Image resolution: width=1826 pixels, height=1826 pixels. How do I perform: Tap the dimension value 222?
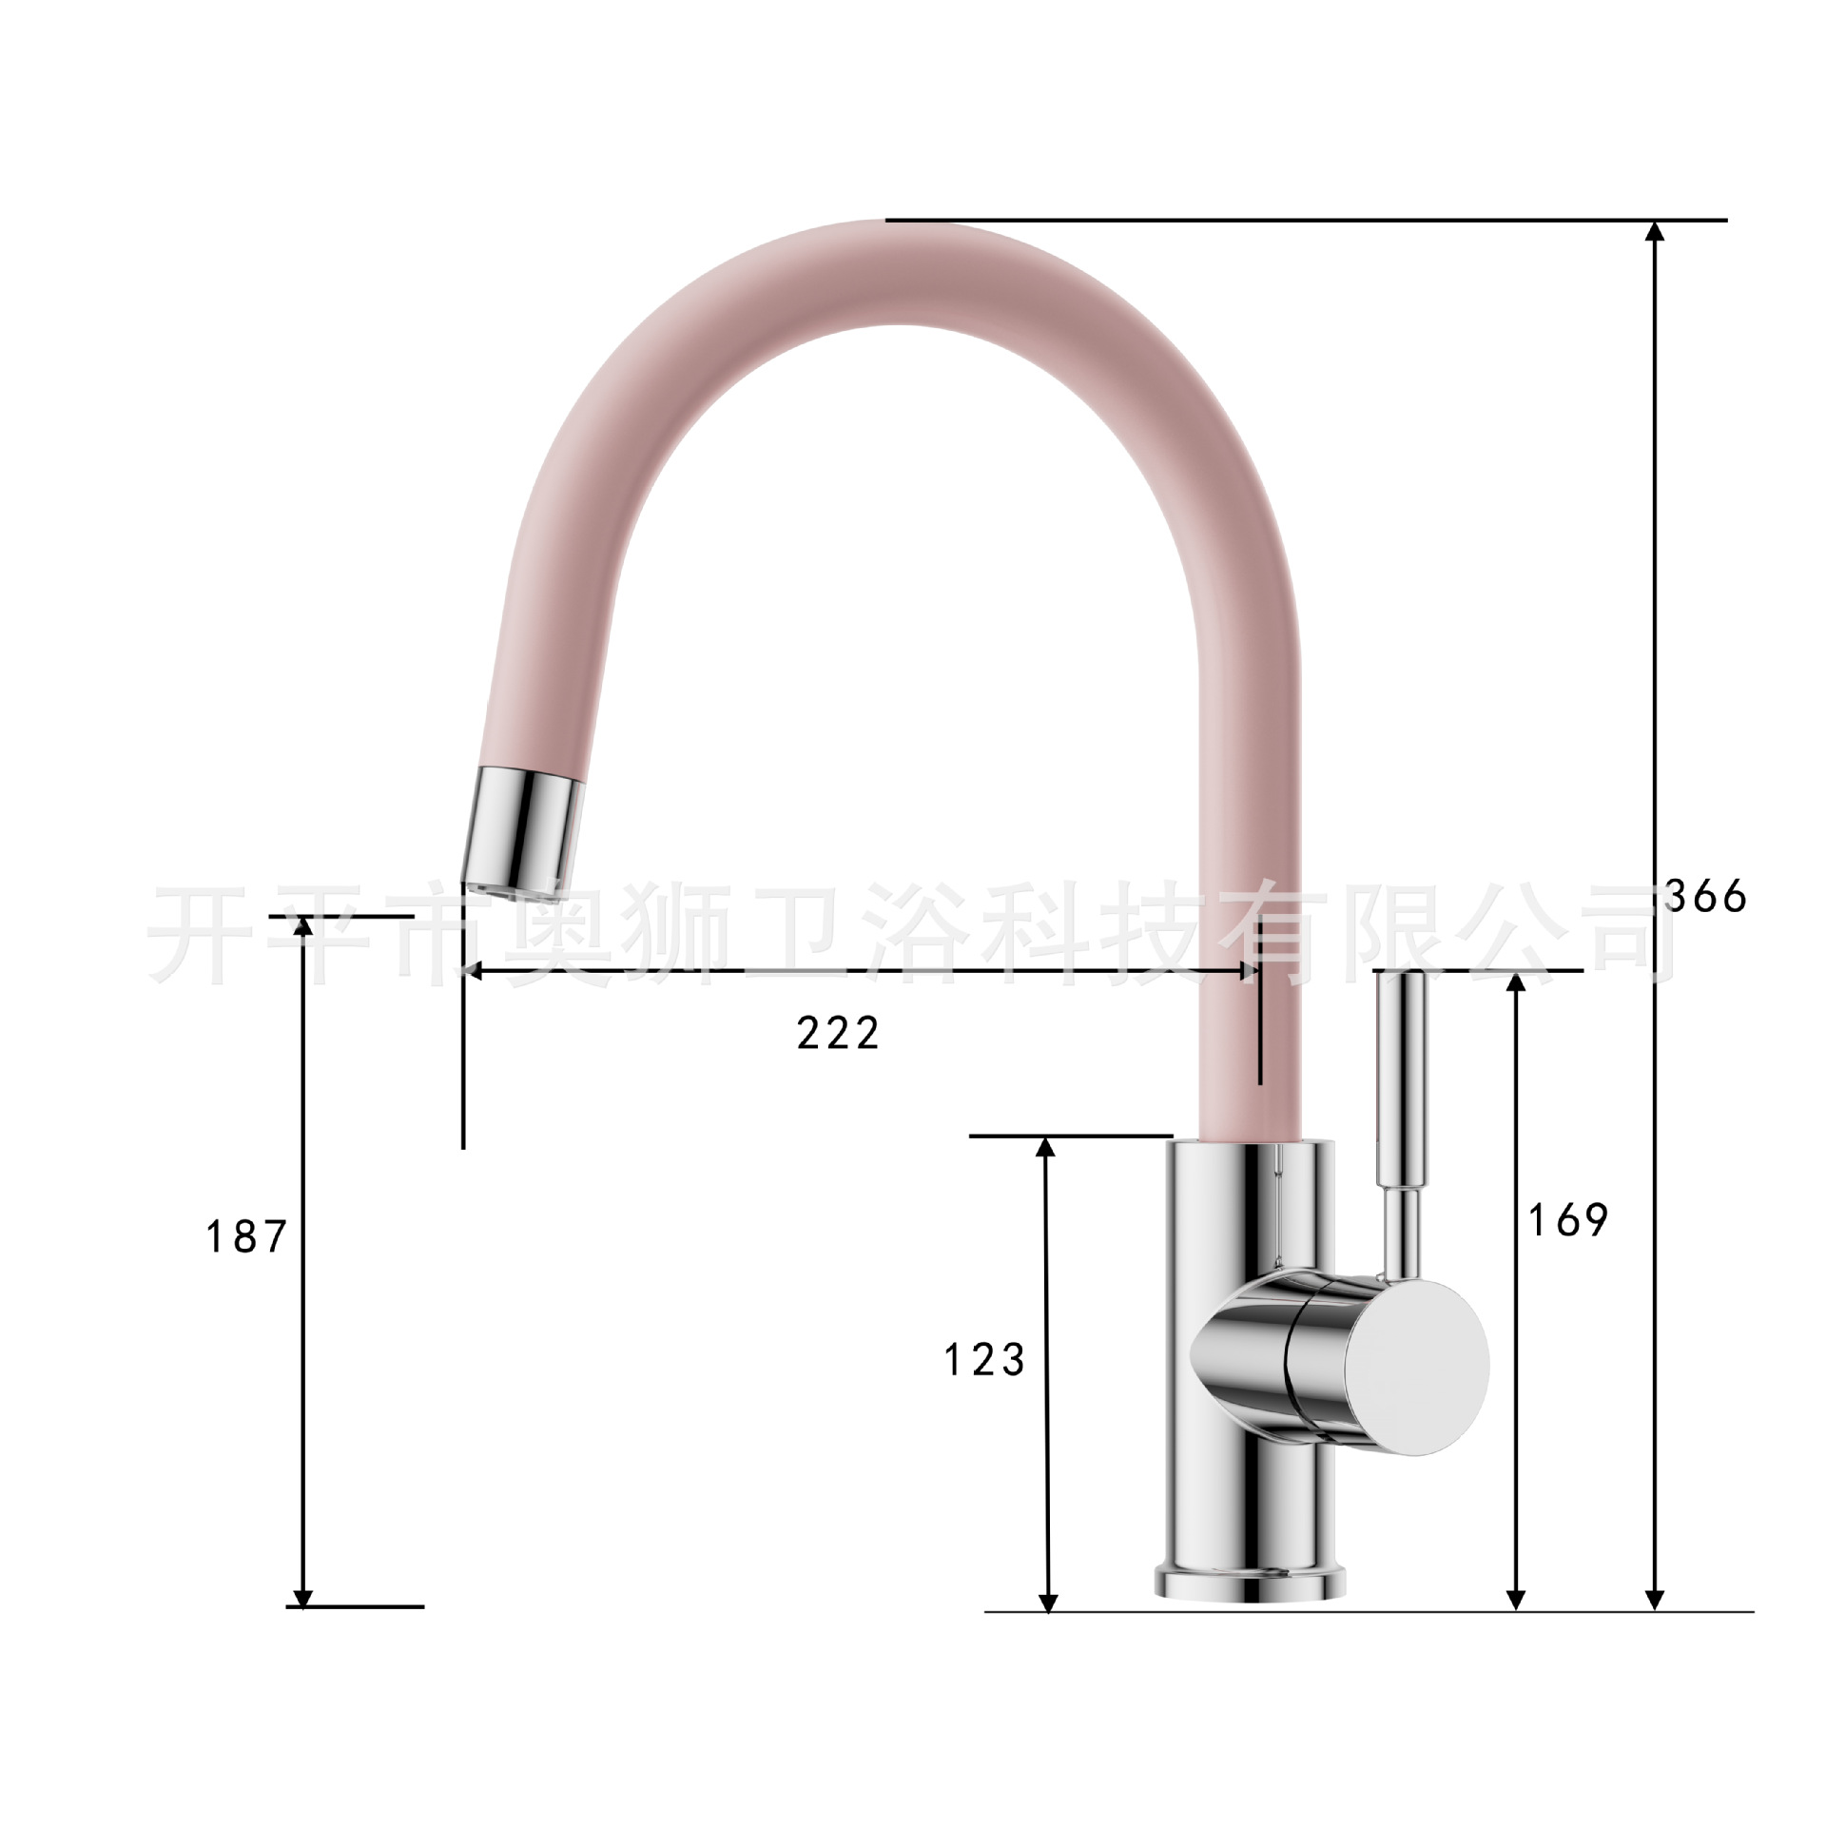(838, 1033)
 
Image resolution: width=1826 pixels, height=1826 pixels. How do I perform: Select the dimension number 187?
(246, 1237)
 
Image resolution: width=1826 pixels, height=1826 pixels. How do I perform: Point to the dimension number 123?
(984, 1360)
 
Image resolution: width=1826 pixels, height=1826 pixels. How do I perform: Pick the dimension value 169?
(1567, 1220)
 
